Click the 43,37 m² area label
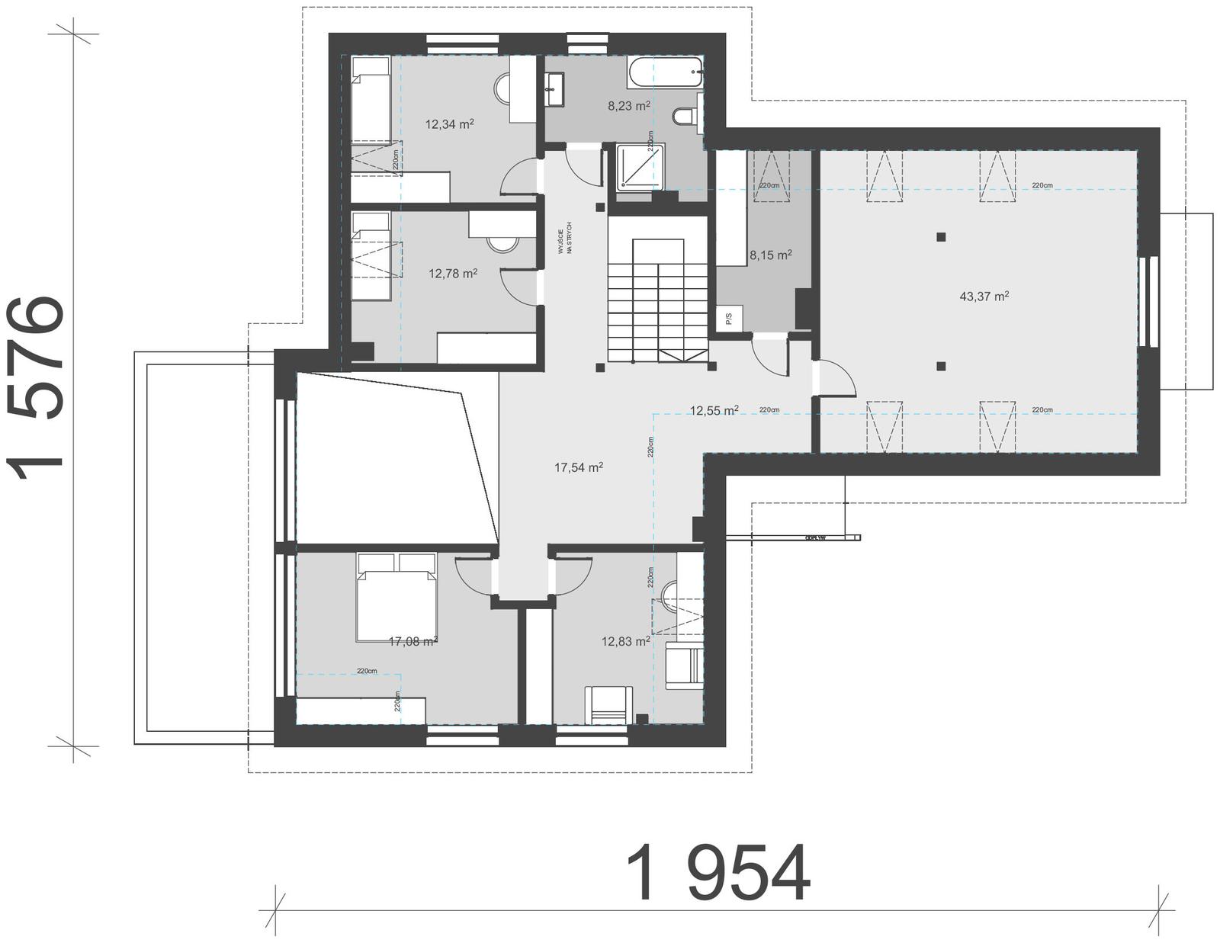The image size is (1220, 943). click(984, 297)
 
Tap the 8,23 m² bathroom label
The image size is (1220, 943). click(628, 107)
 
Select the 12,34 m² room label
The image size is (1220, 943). click(450, 124)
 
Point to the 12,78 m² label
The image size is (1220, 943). click(453, 273)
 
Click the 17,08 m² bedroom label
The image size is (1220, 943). click(413, 642)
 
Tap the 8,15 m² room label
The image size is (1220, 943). click(770, 255)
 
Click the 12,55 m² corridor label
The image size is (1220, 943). click(714, 411)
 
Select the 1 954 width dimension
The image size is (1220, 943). click(718, 874)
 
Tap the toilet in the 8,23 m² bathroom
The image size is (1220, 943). click(685, 116)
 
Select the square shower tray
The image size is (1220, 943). click(640, 167)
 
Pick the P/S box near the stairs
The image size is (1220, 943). click(728, 318)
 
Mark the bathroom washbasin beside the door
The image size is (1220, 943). click(554, 89)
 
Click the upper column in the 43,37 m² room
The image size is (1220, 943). click(942, 236)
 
